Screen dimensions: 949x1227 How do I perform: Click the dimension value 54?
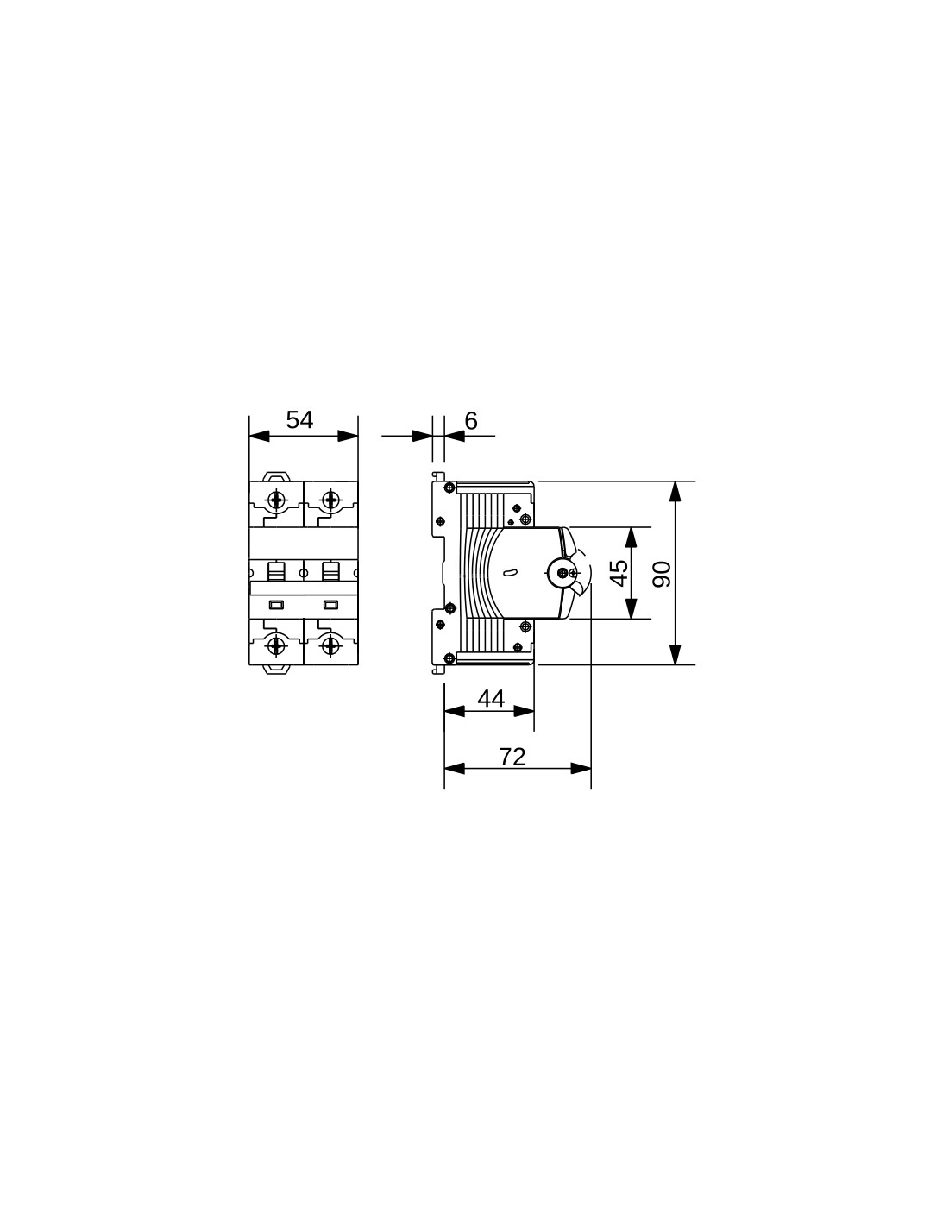click(299, 420)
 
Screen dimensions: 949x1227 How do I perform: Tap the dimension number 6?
click(471, 421)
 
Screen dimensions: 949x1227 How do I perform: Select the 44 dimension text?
click(491, 700)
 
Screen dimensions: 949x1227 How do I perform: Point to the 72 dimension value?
click(512, 757)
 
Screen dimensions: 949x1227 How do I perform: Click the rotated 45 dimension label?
click(620, 573)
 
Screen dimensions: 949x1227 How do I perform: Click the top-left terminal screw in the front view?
click(276, 499)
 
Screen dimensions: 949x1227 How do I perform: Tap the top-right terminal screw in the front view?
click(330, 499)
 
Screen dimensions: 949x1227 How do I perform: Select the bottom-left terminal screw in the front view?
click(276, 645)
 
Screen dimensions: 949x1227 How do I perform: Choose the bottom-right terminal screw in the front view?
click(330, 645)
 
